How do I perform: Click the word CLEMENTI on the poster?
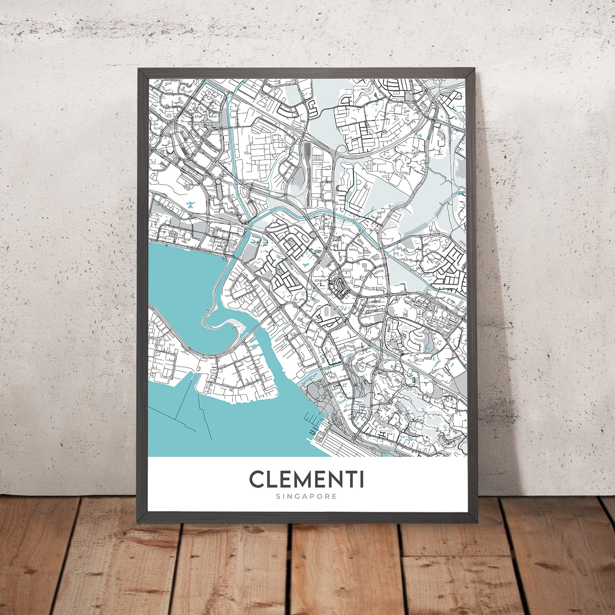click(x=306, y=480)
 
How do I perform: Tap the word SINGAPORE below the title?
click(x=306, y=496)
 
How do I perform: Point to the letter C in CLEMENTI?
click(x=257, y=480)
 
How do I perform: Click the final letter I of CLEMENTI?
click(x=361, y=480)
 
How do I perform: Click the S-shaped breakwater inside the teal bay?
click(x=220, y=319)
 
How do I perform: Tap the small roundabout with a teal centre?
click(x=218, y=184)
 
